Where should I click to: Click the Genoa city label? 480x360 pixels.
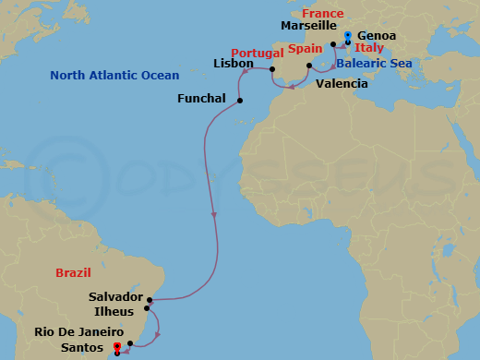point(377,35)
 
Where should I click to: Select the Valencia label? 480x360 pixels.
point(342,83)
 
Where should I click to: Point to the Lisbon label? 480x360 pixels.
point(233,66)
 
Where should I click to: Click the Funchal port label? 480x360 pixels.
point(202,98)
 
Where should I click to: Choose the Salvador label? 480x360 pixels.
point(115,297)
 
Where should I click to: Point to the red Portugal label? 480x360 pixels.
point(256,53)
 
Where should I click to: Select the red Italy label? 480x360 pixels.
point(369,47)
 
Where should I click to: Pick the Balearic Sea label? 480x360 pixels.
point(373,64)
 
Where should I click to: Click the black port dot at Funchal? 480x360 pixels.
point(240,100)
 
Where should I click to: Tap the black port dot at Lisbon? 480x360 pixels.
point(271,68)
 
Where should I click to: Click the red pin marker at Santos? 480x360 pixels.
point(116,347)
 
